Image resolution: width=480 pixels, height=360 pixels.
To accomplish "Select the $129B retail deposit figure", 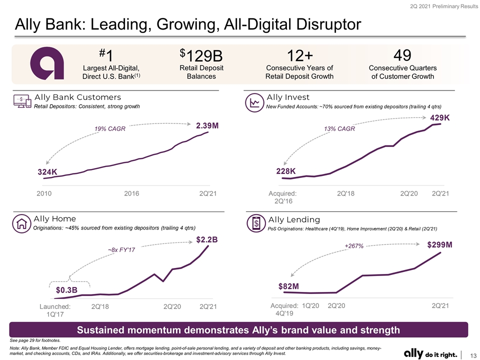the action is click(x=201, y=55).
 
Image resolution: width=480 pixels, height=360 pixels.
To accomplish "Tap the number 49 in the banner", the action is click(x=402, y=55).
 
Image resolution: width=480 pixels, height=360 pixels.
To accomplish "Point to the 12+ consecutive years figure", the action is click(x=299, y=55).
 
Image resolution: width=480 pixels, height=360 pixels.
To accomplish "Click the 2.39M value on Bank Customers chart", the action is click(x=207, y=125).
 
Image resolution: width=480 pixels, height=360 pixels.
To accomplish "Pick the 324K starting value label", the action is click(x=47, y=171).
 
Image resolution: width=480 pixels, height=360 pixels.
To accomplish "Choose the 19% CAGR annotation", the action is click(x=110, y=128).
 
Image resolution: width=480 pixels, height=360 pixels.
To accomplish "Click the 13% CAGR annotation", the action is click(x=339, y=128).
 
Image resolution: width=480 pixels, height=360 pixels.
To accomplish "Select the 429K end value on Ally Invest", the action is click(x=440, y=118).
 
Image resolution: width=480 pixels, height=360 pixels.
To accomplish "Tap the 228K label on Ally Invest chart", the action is click(x=286, y=171).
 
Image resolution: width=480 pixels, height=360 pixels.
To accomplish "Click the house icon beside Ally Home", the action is click(x=21, y=224).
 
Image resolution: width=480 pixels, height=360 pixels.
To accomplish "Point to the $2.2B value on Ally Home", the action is click(x=207, y=239).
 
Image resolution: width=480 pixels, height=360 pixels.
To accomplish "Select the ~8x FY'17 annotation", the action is click(x=121, y=250).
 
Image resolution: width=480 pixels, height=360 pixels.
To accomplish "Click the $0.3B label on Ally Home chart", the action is click(x=66, y=289).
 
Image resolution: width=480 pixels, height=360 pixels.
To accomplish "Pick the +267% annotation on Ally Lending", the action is click(x=354, y=246).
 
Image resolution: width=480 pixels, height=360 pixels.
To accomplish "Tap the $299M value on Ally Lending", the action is click(x=440, y=244).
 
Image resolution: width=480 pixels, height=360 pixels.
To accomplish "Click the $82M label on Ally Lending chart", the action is click(x=288, y=286).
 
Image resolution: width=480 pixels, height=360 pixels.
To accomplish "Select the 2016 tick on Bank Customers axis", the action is click(x=131, y=193).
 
